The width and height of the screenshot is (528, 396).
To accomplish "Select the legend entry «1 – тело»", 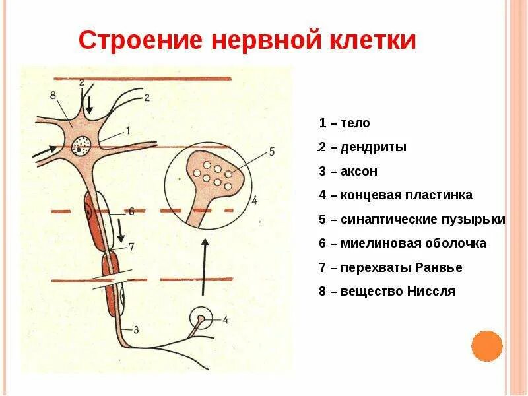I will pos(345,123).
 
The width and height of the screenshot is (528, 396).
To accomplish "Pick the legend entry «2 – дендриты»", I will pos(362,147).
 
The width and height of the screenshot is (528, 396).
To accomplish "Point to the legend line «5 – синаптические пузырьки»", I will pos(412,219).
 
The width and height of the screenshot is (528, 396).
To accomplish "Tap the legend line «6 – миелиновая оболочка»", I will pos(403,243).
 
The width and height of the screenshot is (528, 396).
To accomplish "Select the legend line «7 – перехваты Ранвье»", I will pos(390,267).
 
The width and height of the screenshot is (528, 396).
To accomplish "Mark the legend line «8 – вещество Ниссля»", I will pos(387,291).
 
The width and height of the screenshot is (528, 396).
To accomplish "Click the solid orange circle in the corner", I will pos(487,346).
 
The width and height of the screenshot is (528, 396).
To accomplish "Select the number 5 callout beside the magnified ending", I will pos(270,151).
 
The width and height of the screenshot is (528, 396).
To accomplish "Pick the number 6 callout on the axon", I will pos(131,212).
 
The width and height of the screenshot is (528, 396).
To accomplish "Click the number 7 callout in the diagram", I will pos(131,247).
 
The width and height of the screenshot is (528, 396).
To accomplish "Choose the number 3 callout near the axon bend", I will pos(135,329).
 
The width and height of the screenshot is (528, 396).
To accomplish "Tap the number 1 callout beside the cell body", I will pos(127,129).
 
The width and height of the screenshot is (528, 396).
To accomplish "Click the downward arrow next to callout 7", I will pos(120,231).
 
